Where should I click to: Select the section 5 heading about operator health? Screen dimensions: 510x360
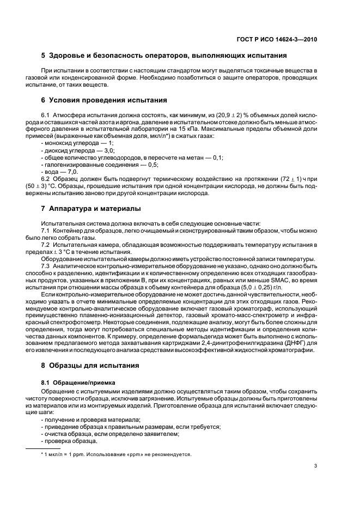(164, 56)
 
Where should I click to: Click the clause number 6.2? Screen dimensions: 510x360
(46, 179)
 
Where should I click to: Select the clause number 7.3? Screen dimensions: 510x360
(46, 265)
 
